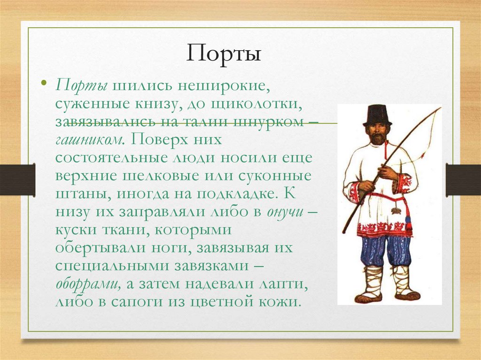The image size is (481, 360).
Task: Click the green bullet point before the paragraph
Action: click(x=44, y=84)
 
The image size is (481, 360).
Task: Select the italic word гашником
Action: click(x=89, y=139)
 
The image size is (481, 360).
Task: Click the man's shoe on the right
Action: click(x=406, y=296)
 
